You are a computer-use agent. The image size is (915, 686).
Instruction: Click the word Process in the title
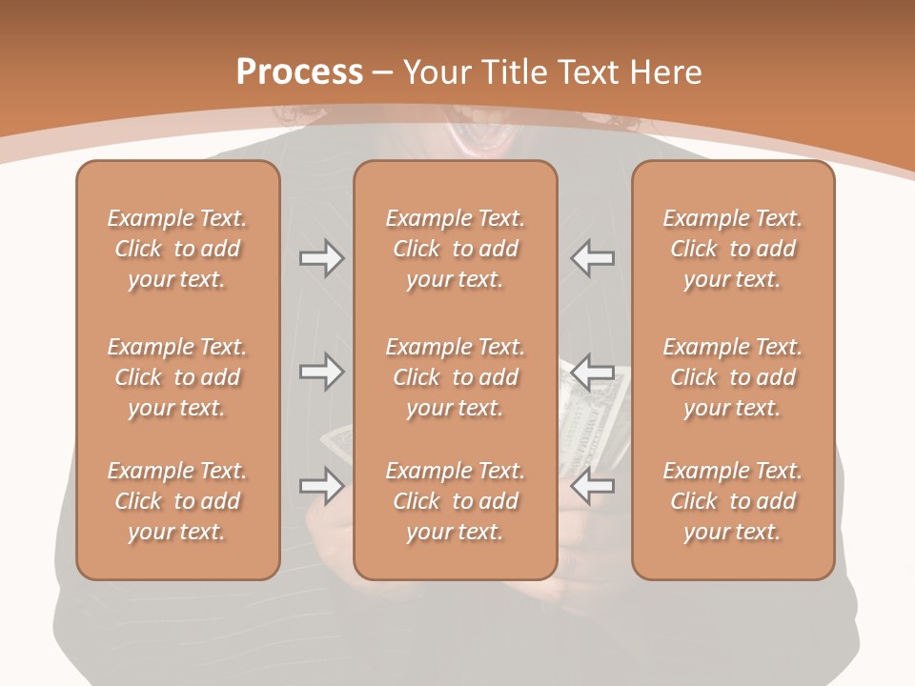(x=299, y=72)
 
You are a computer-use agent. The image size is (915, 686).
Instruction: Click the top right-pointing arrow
(x=321, y=258)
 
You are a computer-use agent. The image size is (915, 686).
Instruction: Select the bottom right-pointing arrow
(x=321, y=486)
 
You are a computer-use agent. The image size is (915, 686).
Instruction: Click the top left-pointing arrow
(x=592, y=258)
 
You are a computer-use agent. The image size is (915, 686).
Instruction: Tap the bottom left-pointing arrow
(x=592, y=486)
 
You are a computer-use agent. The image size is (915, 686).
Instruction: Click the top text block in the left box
(x=177, y=249)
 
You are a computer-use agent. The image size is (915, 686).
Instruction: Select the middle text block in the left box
(x=177, y=377)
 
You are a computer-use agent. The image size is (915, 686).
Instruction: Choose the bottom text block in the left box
(x=177, y=501)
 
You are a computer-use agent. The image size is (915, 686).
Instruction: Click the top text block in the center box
(x=456, y=249)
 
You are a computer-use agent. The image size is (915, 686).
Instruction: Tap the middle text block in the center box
(x=456, y=377)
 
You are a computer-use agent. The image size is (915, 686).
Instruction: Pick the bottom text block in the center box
(x=456, y=501)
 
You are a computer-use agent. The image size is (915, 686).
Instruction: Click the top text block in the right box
(x=733, y=249)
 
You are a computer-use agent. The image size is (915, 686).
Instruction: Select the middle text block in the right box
(x=733, y=377)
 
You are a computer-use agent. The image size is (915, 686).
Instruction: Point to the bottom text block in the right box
(x=733, y=501)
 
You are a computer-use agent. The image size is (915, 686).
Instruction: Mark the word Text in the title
(x=589, y=72)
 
